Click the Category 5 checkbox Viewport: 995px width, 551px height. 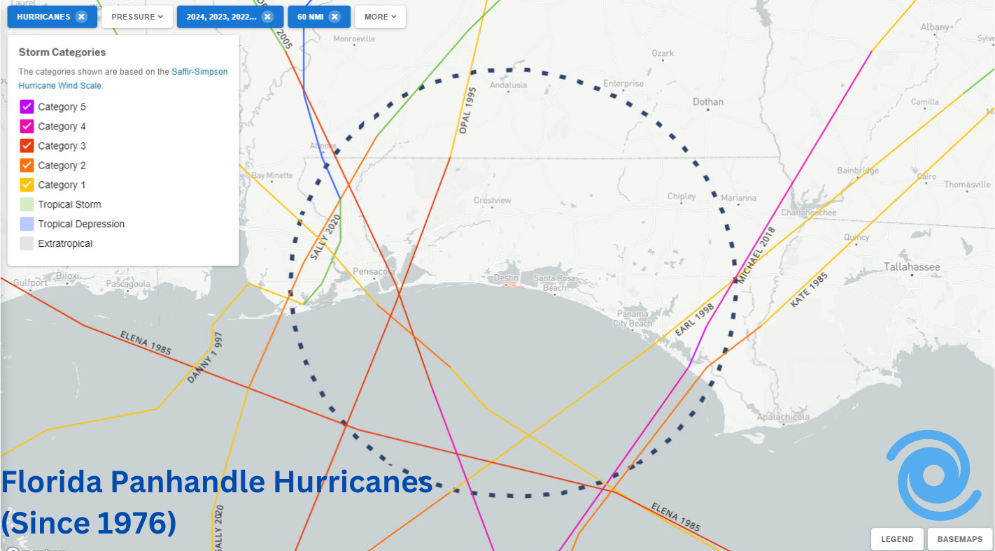(27, 107)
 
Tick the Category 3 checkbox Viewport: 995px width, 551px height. (27, 146)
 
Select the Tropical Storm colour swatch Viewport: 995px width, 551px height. (27, 205)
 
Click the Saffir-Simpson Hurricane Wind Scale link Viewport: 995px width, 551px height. (122, 78)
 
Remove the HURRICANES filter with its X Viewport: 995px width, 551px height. (81, 17)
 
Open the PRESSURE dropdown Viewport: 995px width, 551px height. (137, 17)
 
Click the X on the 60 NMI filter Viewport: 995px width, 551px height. (334, 17)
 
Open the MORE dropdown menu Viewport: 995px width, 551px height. (380, 17)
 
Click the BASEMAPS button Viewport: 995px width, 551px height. (959, 539)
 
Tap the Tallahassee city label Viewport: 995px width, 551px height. (912, 266)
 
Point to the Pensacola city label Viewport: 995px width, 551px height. (374, 271)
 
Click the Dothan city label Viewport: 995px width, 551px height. (707, 102)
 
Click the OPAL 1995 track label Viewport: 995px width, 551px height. (467, 110)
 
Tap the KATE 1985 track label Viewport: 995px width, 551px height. (809, 289)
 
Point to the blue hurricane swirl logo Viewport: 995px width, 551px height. (933, 475)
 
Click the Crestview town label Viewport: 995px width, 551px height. (493, 201)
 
